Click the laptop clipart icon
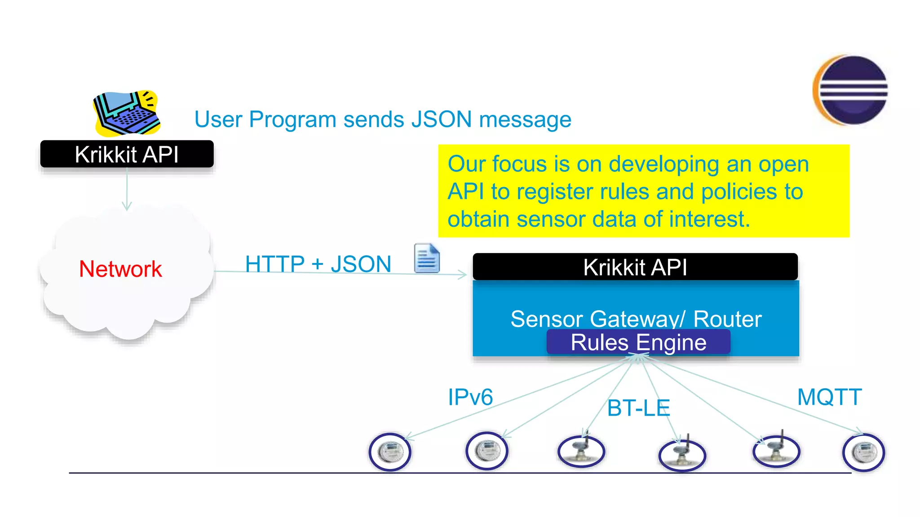(x=127, y=113)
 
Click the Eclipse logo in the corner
(x=851, y=90)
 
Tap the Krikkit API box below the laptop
(x=127, y=154)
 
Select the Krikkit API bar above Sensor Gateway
(x=635, y=267)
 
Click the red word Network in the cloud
(x=120, y=269)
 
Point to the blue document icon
(x=426, y=258)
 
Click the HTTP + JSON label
(x=318, y=264)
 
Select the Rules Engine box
(x=638, y=342)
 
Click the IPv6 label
(x=470, y=397)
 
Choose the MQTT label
(x=829, y=397)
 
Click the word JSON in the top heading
(x=441, y=120)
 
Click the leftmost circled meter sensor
(x=390, y=452)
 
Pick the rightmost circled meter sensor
(x=863, y=452)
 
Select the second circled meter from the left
(x=487, y=451)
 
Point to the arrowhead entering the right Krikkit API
(x=463, y=274)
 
